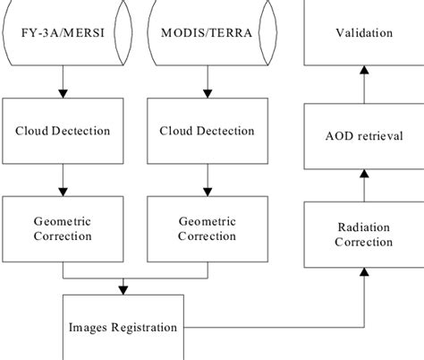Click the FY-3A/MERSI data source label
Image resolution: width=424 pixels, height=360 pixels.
coord(62,34)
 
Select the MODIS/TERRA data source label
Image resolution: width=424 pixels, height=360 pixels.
coord(207,34)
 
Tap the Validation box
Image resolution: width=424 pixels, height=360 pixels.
coord(363,34)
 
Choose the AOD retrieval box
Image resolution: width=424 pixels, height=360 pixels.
coord(363,135)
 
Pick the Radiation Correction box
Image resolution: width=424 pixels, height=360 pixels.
coord(363,235)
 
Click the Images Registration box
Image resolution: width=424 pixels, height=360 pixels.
coord(123,327)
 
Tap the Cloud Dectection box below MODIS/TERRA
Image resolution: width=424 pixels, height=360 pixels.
coord(207,132)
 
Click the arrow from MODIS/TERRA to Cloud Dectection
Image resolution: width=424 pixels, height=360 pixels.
coord(207,82)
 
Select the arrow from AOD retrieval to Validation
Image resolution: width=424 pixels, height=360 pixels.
coord(363,85)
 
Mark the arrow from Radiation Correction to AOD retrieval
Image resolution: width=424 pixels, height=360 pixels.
coord(363,185)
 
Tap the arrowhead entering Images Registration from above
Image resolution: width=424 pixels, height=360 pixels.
coord(123,287)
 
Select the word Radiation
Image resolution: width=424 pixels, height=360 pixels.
coord(363,227)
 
